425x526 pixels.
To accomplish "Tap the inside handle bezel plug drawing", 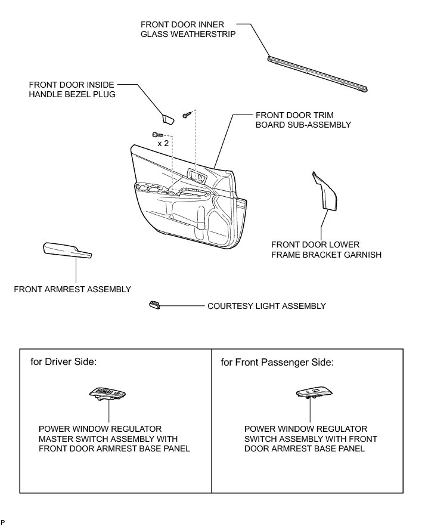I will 167,118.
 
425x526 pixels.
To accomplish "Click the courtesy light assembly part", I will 154,306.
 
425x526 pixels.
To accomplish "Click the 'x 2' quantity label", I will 163,144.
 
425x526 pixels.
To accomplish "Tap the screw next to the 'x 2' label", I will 156,135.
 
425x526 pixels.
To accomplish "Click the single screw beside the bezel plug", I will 187,112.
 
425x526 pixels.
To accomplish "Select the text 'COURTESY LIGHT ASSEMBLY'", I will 266,306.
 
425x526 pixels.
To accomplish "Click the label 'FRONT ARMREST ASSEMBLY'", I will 72,289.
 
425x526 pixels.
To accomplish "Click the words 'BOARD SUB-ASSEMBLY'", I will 303,125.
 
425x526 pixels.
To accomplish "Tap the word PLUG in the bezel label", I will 103,94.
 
